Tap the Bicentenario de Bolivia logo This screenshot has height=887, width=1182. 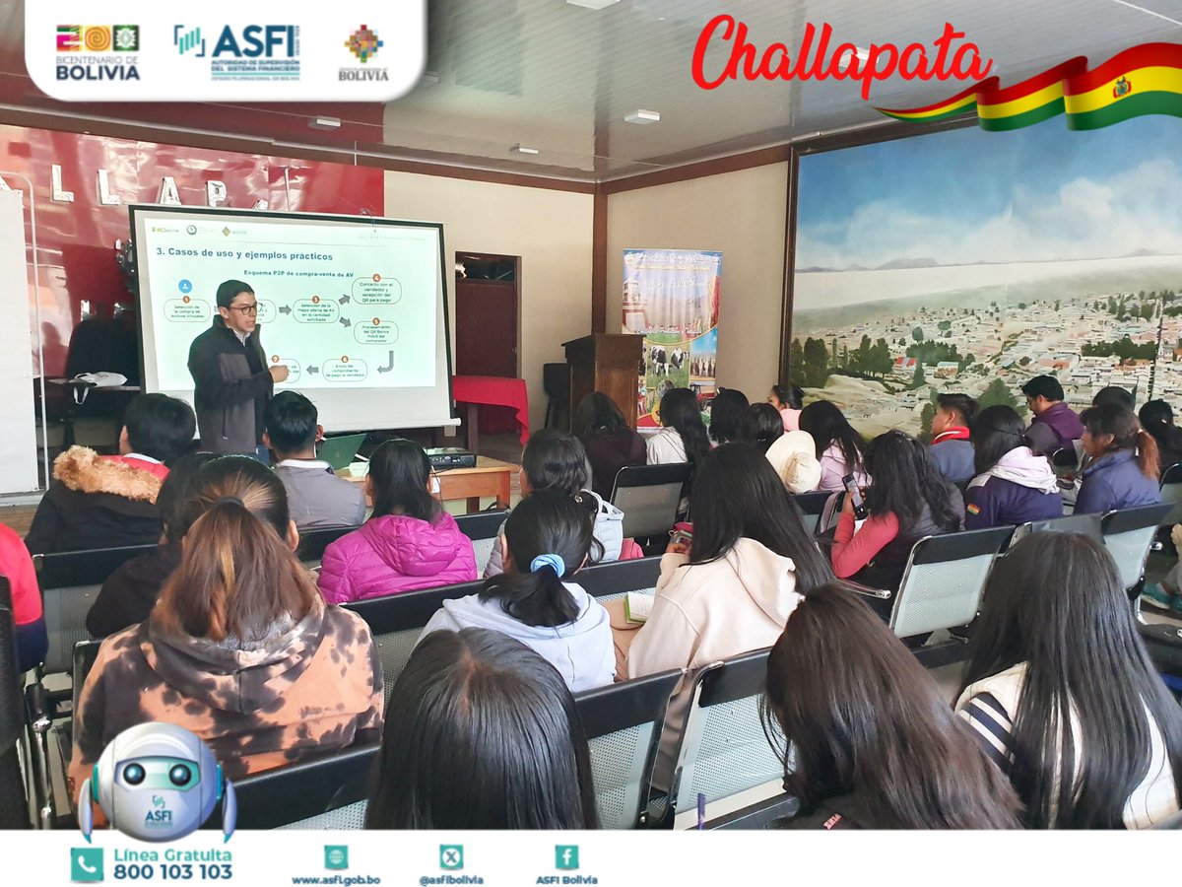pos(98,52)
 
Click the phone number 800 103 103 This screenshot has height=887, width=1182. pos(172,872)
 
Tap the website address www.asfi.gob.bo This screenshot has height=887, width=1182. pos(335,879)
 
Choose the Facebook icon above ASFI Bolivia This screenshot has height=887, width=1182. pos(566,857)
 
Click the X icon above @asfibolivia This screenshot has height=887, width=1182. pos(451,857)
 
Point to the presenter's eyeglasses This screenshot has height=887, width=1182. pos(241,309)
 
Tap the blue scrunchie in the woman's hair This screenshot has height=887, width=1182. pos(548,564)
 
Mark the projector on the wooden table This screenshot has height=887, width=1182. pos(450,457)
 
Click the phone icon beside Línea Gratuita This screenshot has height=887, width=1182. pos(87,864)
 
